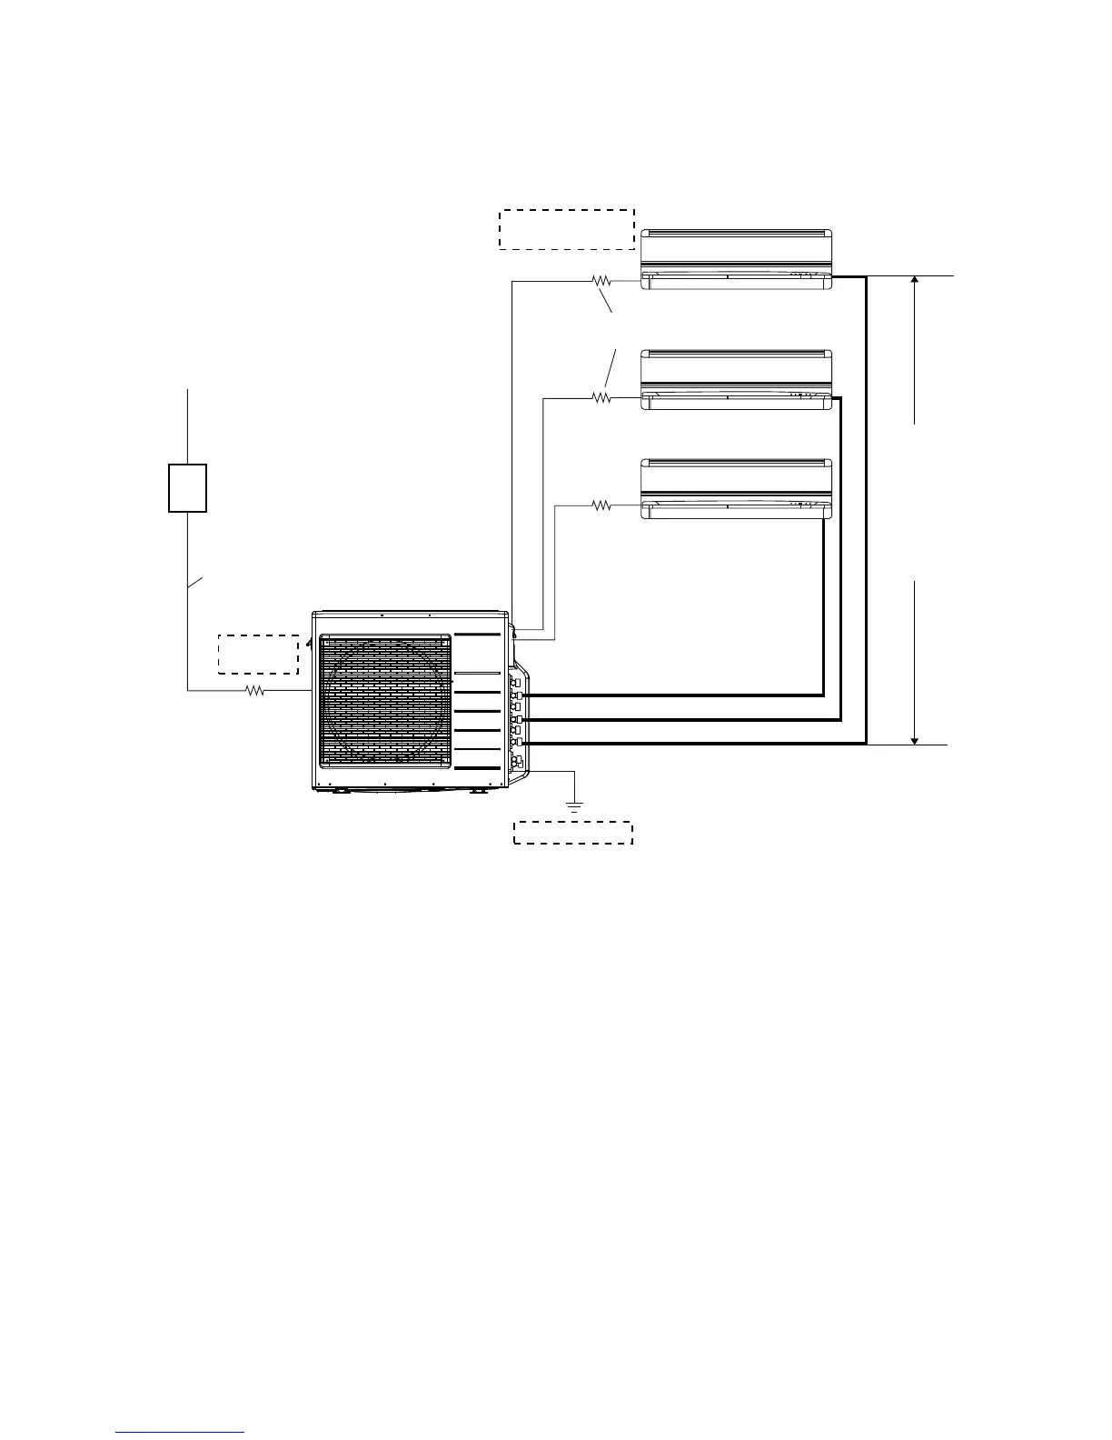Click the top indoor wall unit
[736, 259]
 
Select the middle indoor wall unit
[736, 379]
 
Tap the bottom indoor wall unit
[736, 488]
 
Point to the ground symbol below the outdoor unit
[574, 804]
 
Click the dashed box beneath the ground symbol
[573, 832]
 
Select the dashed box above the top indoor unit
[566, 228]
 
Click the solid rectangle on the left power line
[187, 488]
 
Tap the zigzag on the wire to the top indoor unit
[601, 281]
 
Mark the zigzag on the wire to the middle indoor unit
[601, 396]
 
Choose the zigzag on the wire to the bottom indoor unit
[601, 505]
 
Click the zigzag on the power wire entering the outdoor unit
[255, 691]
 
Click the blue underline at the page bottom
[181, 1433]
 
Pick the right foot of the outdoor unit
[477, 790]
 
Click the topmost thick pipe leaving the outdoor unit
[672, 695]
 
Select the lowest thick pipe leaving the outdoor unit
[690, 744]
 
